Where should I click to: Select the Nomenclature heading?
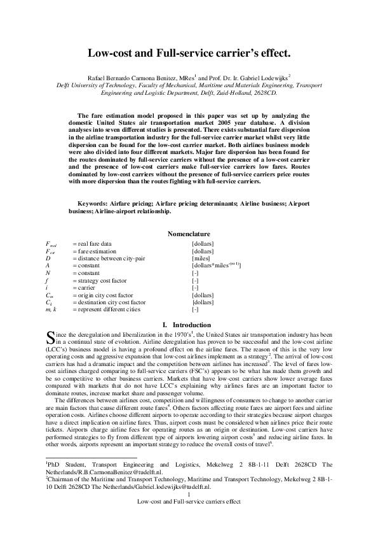(189, 234)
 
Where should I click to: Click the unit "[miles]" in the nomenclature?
(202, 258)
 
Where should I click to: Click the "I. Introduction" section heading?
(189, 325)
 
